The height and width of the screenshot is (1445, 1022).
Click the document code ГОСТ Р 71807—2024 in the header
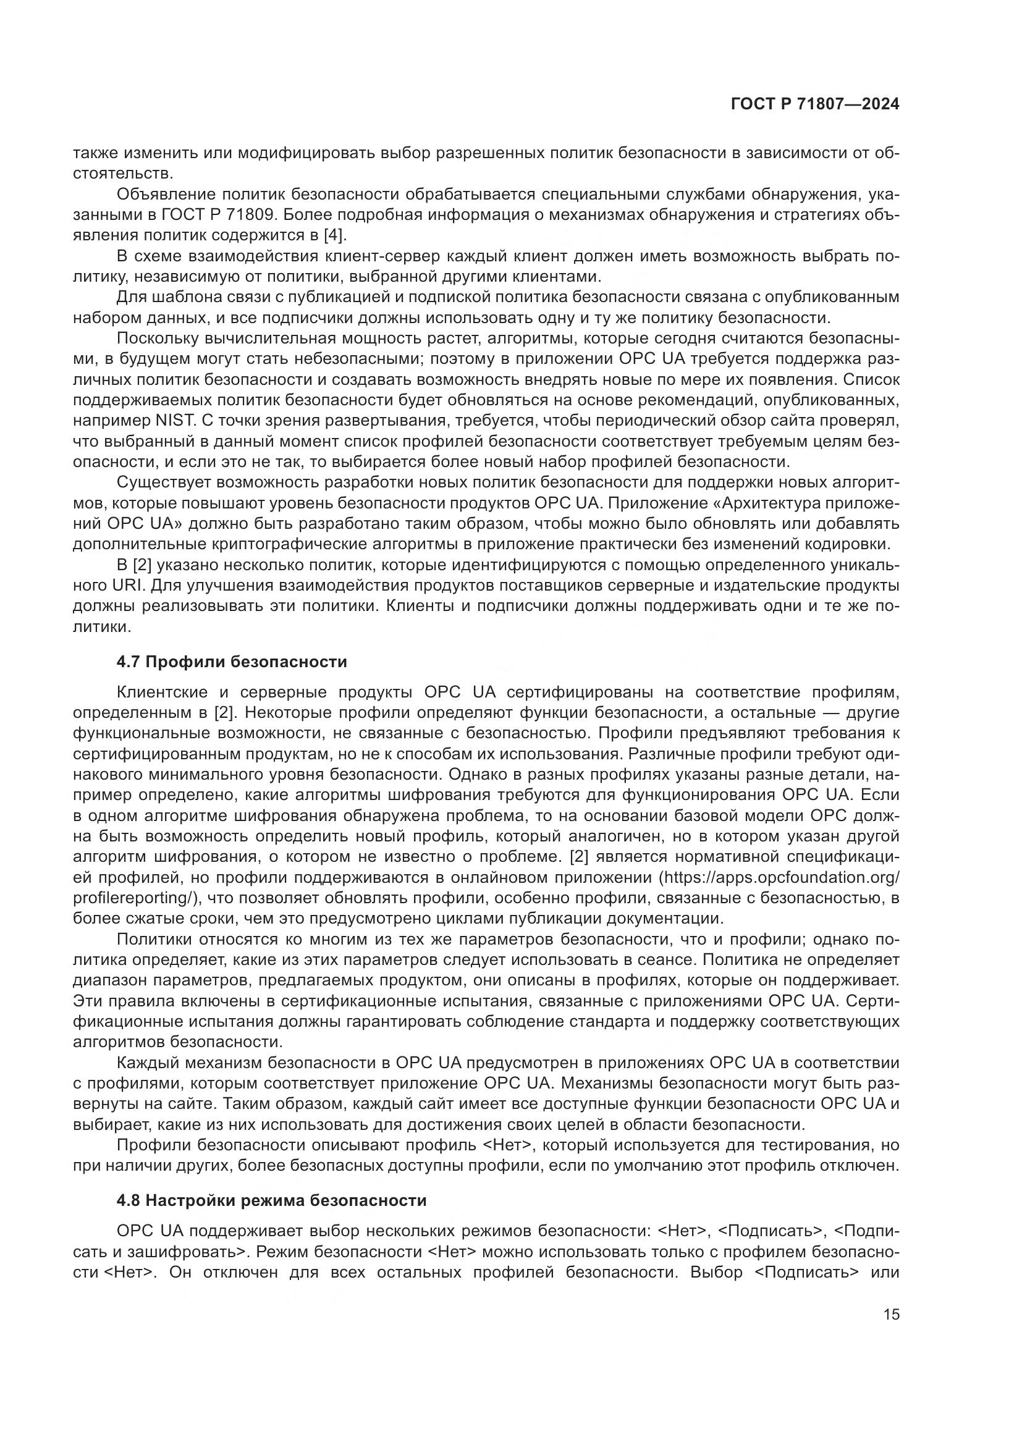click(815, 104)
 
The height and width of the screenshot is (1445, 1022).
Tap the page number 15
click(891, 1315)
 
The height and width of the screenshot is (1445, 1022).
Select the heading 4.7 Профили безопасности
click(232, 662)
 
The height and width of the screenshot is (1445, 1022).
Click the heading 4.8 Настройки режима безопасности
click(271, 1200)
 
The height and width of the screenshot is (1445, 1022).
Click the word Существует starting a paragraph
click(166, 482)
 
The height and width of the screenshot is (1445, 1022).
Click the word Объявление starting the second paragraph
click(165, 195)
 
